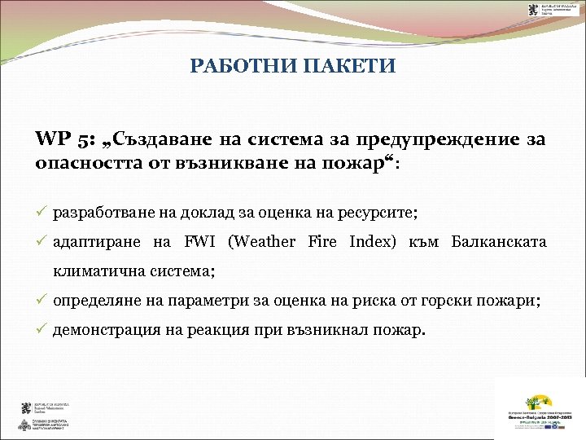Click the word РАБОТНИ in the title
(238, 66)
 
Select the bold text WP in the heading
(50, 139)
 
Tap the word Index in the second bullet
(370, 242)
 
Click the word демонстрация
(103, 331)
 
